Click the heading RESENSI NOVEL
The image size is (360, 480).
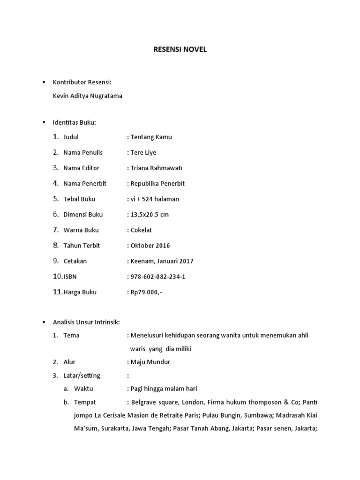click(180, 50)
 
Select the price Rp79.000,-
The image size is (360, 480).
click(146, 292)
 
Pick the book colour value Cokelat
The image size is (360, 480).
click(141, 230)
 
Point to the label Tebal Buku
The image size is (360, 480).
click(79, 199)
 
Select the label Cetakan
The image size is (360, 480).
click(75, 261)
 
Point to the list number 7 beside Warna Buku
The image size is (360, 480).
click(55, 230)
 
